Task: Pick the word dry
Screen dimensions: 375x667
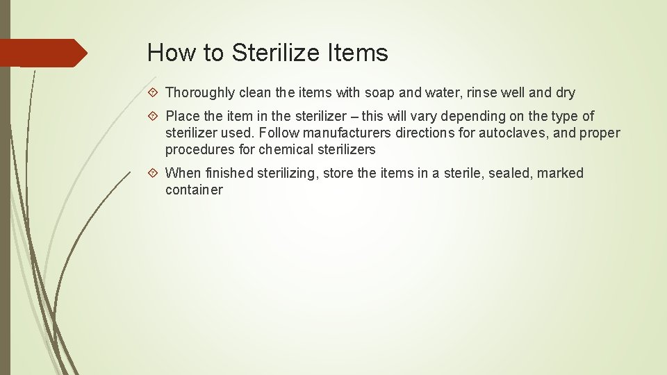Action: (x=564, y=93)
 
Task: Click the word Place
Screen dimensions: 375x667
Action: (x=183, y=117)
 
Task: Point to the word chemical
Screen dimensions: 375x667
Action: (x=286, y=150)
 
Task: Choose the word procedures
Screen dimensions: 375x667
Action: (x=198, y=150)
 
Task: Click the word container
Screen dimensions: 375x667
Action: (x=194, y=190)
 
